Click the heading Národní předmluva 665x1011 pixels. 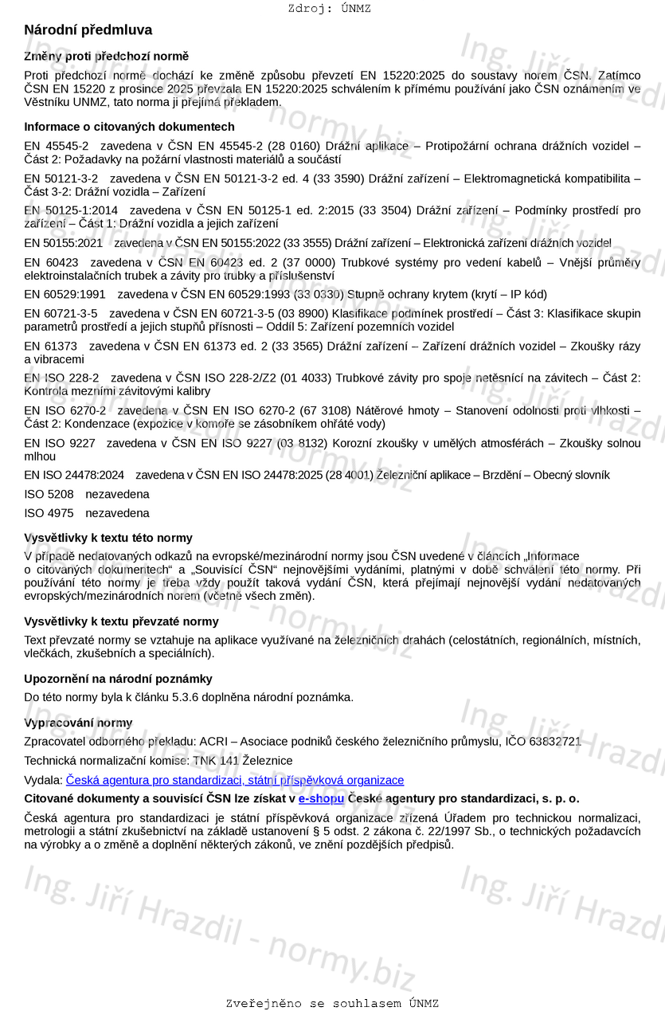88,30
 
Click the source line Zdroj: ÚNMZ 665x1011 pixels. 329,9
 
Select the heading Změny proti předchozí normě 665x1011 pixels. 106,57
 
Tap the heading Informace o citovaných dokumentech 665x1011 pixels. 129,127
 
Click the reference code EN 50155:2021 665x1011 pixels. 63,243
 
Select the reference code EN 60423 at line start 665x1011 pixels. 51,262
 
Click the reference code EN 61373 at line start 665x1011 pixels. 51,346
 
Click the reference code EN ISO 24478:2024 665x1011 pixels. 74,475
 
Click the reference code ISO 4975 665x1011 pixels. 49,513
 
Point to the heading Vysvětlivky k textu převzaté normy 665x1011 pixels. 121,621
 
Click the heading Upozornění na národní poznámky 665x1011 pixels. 118,679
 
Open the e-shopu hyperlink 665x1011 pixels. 321,798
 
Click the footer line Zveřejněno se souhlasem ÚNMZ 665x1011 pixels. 332,1003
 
